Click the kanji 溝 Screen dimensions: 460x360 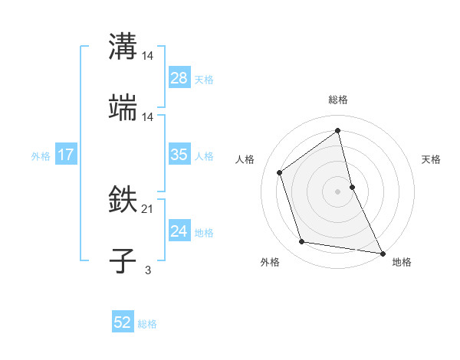point(123,46)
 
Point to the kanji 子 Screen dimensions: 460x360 point(123,260)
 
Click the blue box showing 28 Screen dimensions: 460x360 point(179,78)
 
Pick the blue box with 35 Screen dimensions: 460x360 point(179,155)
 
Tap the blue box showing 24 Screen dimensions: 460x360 point(179,231)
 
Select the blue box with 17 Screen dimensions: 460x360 point(66,155)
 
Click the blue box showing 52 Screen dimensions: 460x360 point(123,323)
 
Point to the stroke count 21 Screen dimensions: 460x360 point(148,208)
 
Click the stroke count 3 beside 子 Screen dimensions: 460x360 point(148,270)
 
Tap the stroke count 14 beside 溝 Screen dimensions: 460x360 point(148,55)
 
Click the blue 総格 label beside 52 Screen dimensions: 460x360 point(147,324)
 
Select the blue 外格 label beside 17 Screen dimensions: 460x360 point(41,155)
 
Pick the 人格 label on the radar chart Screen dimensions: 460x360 point(245,159)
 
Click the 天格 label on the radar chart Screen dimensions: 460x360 point(431,159)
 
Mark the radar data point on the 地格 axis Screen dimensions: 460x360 point(381,252)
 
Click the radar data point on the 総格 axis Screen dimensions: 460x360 point(338,131)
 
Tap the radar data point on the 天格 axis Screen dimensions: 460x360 point(352,187)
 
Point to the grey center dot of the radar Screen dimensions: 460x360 point(338,191)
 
